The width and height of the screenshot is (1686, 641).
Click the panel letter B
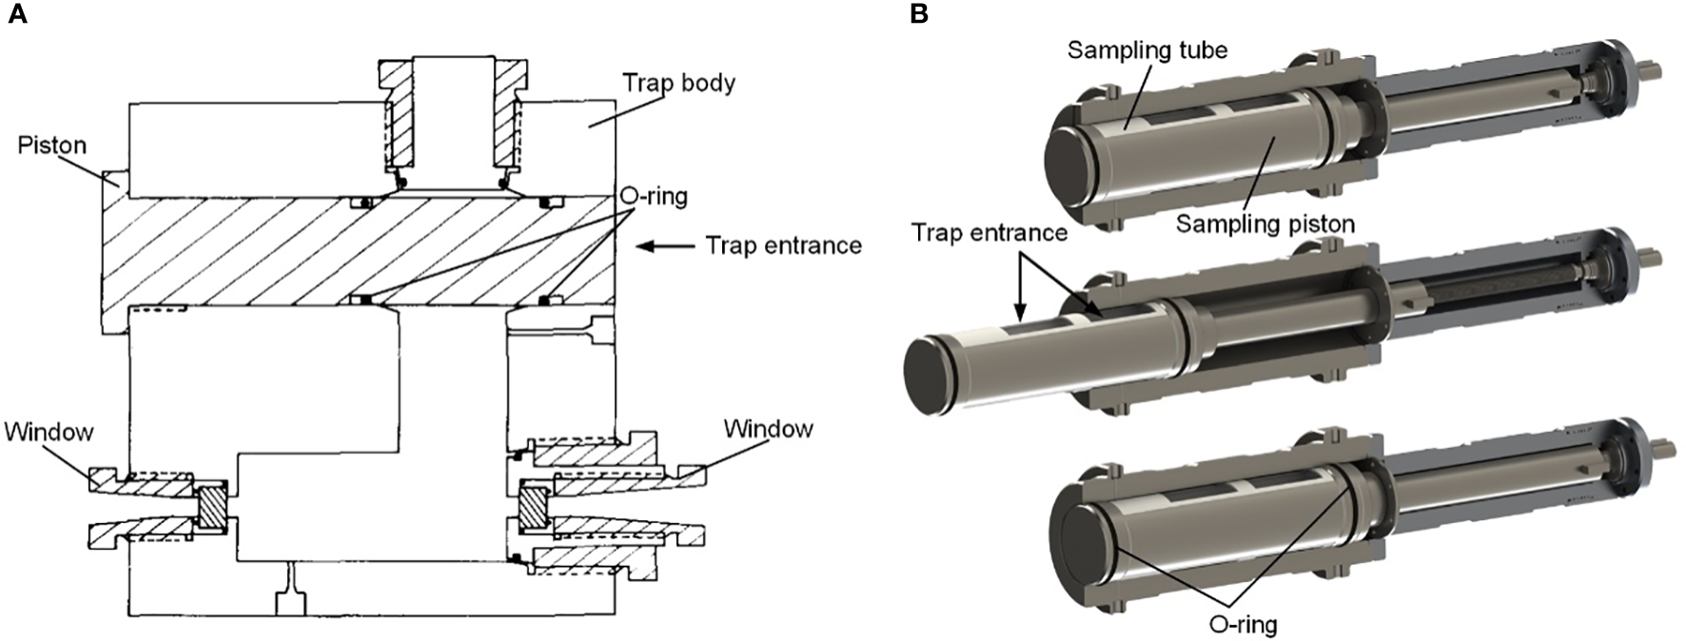point(919,14)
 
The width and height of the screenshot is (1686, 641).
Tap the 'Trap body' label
point(678,83)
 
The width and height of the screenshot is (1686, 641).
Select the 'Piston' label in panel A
point(51,146)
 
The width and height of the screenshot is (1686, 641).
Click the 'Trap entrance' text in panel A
point(783,246)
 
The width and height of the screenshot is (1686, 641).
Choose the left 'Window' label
point(49,432)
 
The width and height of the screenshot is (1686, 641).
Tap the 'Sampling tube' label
point(1147,49)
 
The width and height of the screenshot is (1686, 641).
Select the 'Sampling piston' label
point(1264,223)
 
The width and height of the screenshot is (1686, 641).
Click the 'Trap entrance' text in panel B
point(989,232)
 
